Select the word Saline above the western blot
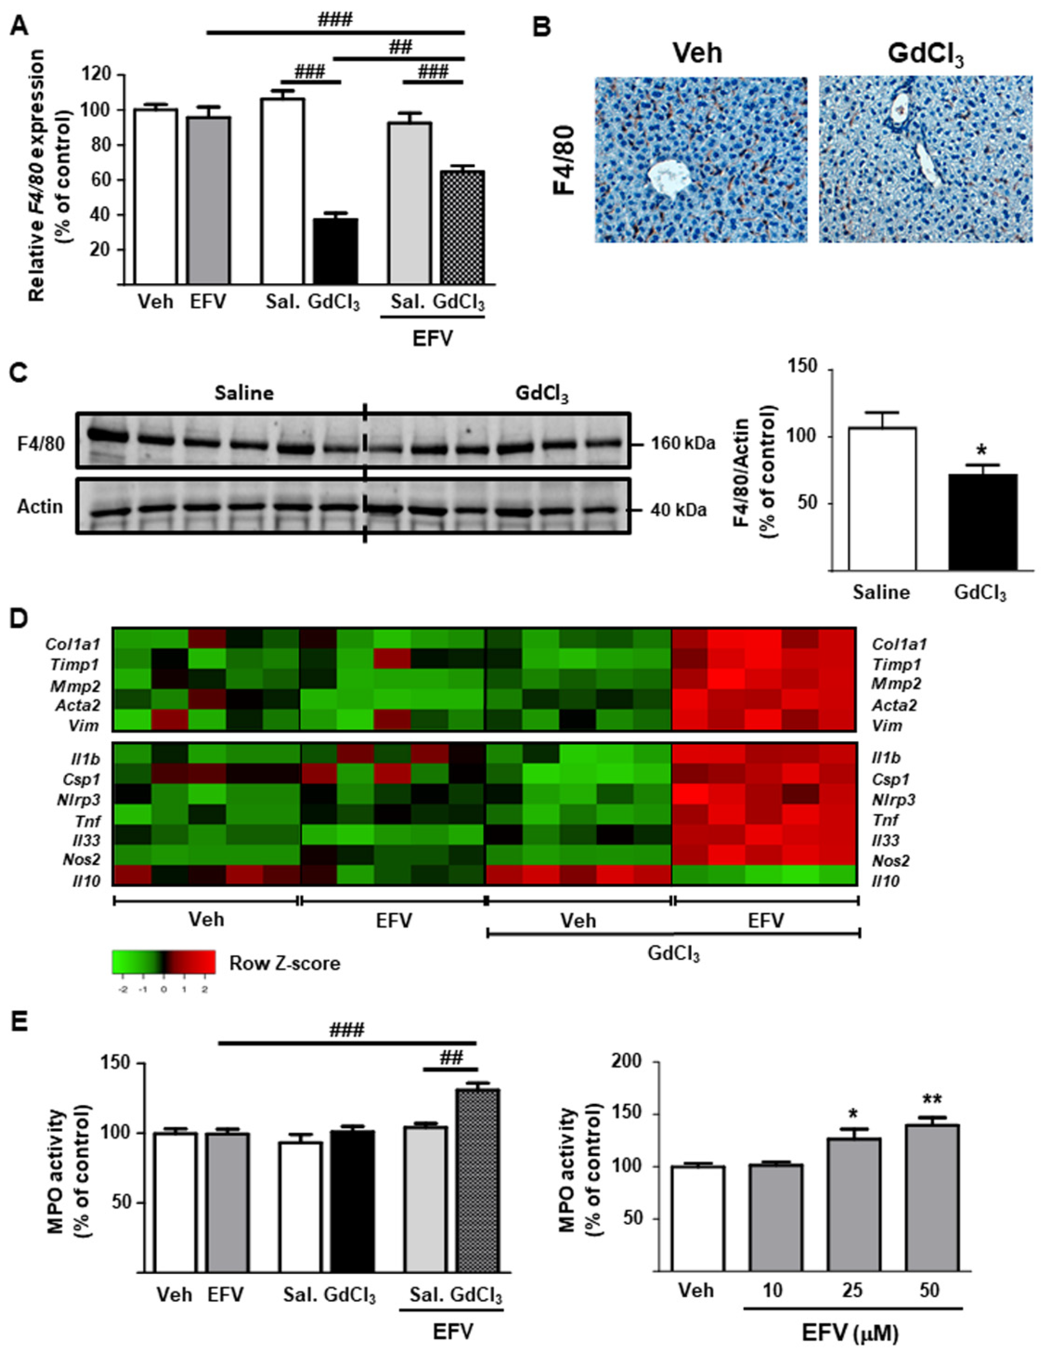pyautogui.click(x=245, y=394)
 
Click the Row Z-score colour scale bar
pyautogui.click(x=164, y=962)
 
